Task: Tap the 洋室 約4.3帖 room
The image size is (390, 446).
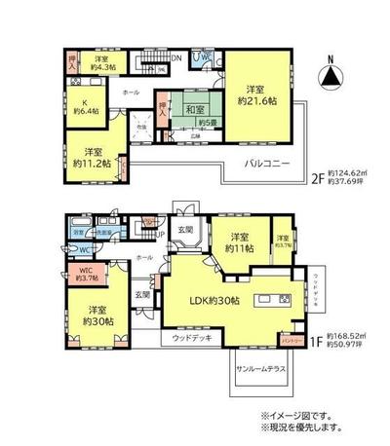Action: (101, 61)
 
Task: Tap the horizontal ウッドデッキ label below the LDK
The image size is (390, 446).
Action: (191, 338)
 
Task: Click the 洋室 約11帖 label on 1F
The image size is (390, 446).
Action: (242, 243)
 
